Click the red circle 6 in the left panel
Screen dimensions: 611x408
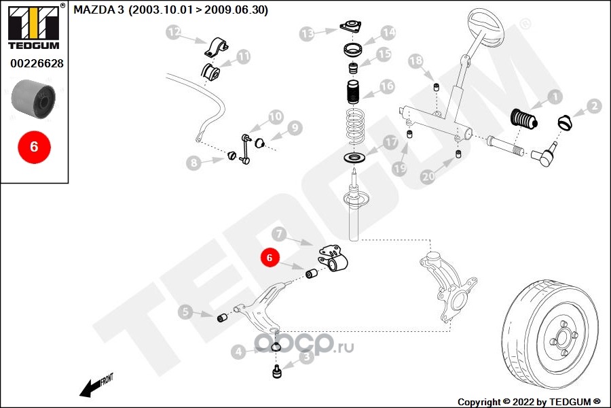(34, 147)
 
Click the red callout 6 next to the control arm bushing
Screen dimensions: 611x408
(270, 258)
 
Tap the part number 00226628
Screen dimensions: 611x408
(37, 63)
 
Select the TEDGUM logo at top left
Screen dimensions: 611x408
(33, 27)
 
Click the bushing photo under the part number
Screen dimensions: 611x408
(33, 99)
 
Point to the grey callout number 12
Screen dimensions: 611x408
(174, 33)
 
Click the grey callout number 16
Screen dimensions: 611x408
(387, 86)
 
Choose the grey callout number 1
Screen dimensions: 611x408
(555, 97)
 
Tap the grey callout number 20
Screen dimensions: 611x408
(428, 177)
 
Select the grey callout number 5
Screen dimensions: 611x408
(185, 311)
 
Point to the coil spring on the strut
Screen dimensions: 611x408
(355, 126)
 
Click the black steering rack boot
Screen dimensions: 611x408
(523, 118)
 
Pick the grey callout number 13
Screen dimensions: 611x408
(307, 34)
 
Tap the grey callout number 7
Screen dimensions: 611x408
(279, 234)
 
